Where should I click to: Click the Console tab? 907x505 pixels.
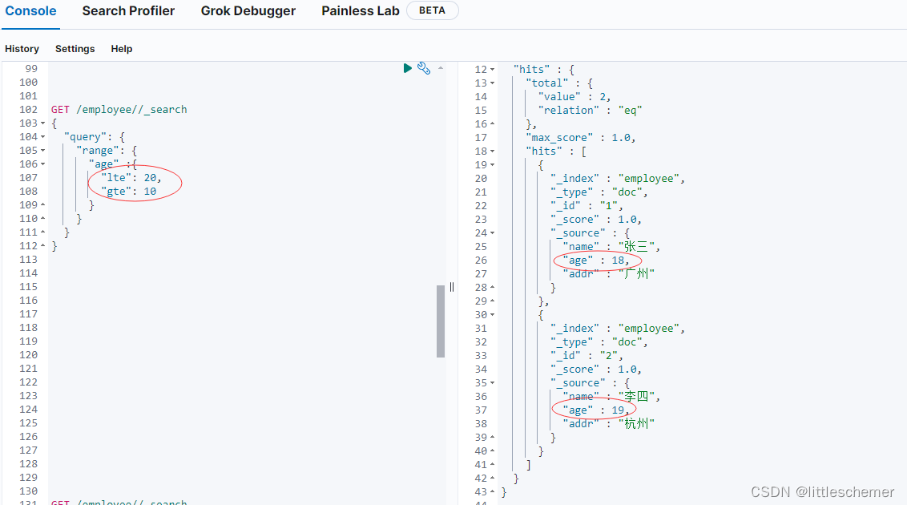30,11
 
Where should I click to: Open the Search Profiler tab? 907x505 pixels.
128,11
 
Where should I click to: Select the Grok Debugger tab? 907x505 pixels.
248,11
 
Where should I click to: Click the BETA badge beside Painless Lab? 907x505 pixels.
433,11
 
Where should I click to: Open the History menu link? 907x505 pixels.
22,49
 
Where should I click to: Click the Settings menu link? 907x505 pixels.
75,49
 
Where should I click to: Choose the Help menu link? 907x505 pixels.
122,49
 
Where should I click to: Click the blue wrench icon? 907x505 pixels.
424,69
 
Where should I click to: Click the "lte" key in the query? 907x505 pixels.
116,178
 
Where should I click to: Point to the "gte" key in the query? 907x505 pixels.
116,192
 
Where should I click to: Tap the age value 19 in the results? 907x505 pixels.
618,410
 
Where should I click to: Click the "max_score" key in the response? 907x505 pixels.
560,138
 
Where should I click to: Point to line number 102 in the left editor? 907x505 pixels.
29,110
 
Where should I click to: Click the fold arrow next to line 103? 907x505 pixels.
43,123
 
